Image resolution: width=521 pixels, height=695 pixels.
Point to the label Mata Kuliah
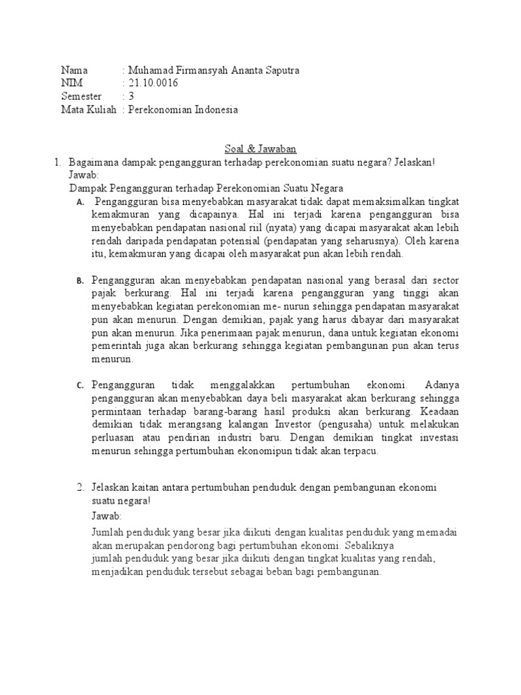click(x=88, y=109)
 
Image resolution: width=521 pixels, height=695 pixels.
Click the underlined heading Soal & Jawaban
click(x=260, y=149)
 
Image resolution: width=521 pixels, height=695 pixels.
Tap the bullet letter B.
click(x=79, y=280)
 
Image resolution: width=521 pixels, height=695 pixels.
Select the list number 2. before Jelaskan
click(x=80, y=488)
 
